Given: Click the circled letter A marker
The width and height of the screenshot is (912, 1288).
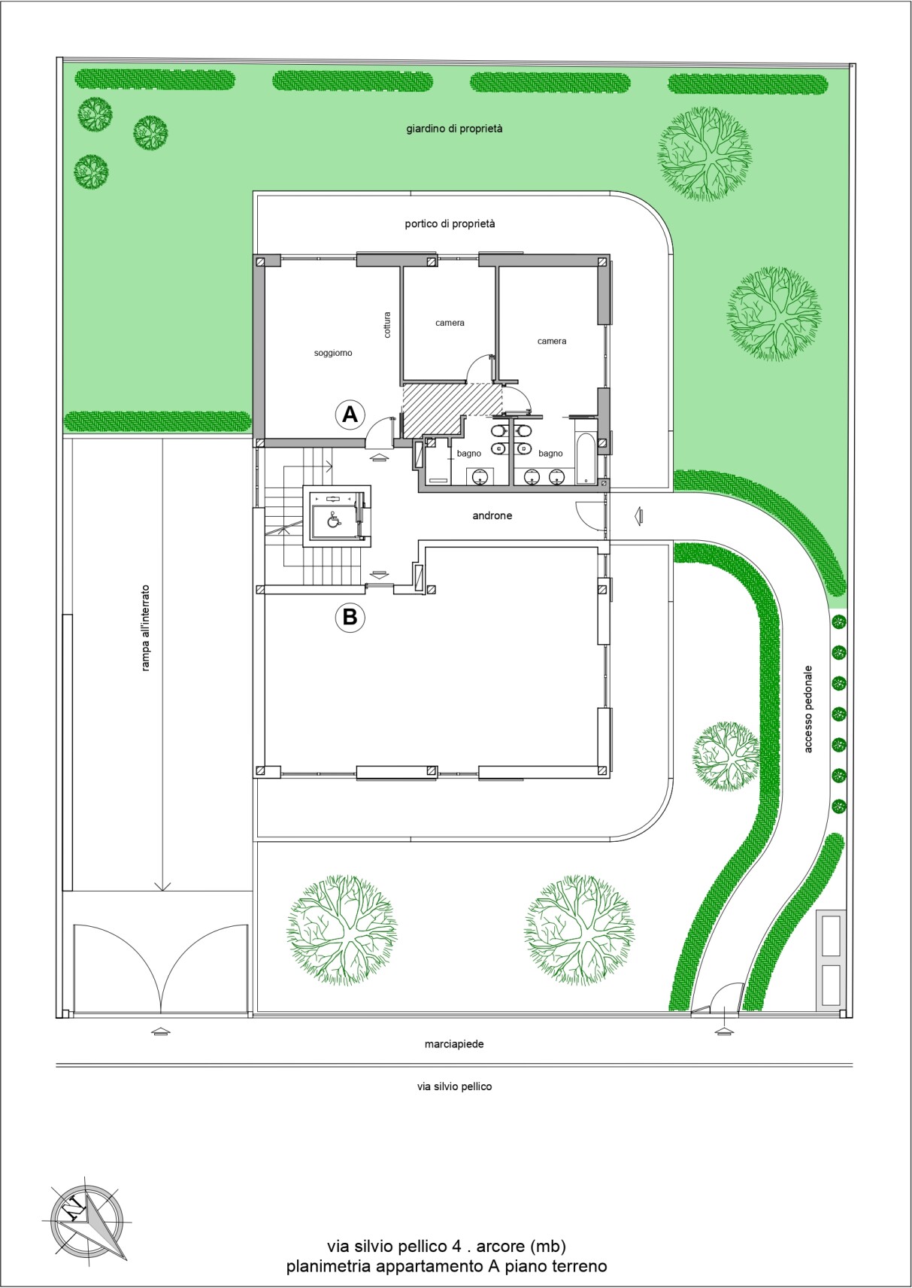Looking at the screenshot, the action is pyautogui.click(x=350, y=414).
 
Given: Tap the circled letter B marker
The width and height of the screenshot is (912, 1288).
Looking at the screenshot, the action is pyautogui.click(x=350, y=617).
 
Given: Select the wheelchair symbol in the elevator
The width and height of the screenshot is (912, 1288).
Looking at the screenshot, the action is pyautogui.click(x=333, y=520).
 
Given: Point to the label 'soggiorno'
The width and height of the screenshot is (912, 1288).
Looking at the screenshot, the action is pyautogui.click(x=333, y=353).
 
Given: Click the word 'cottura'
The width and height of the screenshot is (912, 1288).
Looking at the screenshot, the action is pyautogui.click(x=387, y=325).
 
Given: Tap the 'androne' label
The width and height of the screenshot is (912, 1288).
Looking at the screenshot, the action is pyautogui.click(x=492, y=516).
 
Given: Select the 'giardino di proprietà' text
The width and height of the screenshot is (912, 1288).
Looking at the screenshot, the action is pyautogui.click(x=455, y=129).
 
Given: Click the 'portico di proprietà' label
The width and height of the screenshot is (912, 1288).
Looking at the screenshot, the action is pyautogui.click(x=450, y=223).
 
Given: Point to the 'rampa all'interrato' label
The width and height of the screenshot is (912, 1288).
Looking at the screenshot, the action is pyautogui.click(x=145, y=628).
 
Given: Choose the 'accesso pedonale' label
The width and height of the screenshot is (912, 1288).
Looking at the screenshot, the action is pyautogui.click(x=808, y=709).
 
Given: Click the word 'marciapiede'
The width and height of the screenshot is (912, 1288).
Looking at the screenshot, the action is pyautogui.click(x=454, y=1044).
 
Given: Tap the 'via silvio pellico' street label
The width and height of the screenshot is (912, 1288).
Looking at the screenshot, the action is pyautogui.click(x=455, y=1086).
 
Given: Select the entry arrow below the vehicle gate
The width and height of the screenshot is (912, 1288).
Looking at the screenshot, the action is pyautogui.click(x=160, y=1031).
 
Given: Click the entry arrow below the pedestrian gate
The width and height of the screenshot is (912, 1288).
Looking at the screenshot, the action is pyautogui.click(x=724, y=1031).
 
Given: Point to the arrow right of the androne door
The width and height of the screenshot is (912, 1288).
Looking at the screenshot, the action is pyautogui.click(x=638, y=515).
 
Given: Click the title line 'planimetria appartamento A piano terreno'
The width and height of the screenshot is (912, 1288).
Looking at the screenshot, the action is pyautogui.click(x=447, y=1266).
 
